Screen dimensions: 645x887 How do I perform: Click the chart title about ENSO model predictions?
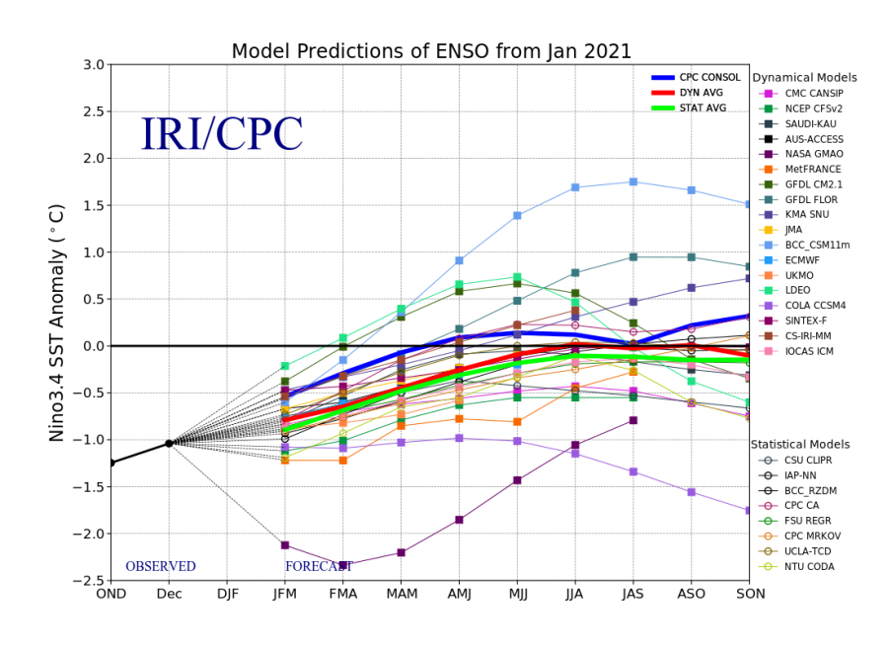click(x=431, y=51)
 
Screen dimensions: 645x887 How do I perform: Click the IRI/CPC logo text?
click(x=221, y=135)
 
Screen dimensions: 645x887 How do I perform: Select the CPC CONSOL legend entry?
click(x=709, y=77)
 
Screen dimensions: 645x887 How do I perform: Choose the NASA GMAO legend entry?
click(x=812, y=154)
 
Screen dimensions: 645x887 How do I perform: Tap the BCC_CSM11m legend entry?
click(x=817, y=245)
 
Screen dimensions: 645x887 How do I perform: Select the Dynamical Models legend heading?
click(x=804, y=78)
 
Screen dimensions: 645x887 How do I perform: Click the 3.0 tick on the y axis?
click(x=93, y=65)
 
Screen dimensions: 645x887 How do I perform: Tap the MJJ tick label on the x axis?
click(x=517, y=595)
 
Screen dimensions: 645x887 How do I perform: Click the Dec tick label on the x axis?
click(x=169, y=595)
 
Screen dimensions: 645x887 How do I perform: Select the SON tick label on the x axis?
click(x=749, y=595)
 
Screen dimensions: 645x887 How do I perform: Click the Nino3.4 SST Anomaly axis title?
click(x=58, y=322)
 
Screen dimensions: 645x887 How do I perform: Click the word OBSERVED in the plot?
click(x=160, y=567)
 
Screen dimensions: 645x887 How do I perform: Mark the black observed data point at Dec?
click(x=169, y=443)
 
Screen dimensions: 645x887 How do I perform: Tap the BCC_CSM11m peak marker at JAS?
click(x=633, y=181)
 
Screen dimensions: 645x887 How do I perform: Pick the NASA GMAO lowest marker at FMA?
click(x=342, y=565)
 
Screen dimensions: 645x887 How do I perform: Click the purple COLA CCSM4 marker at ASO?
click(x=691, y=491)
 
